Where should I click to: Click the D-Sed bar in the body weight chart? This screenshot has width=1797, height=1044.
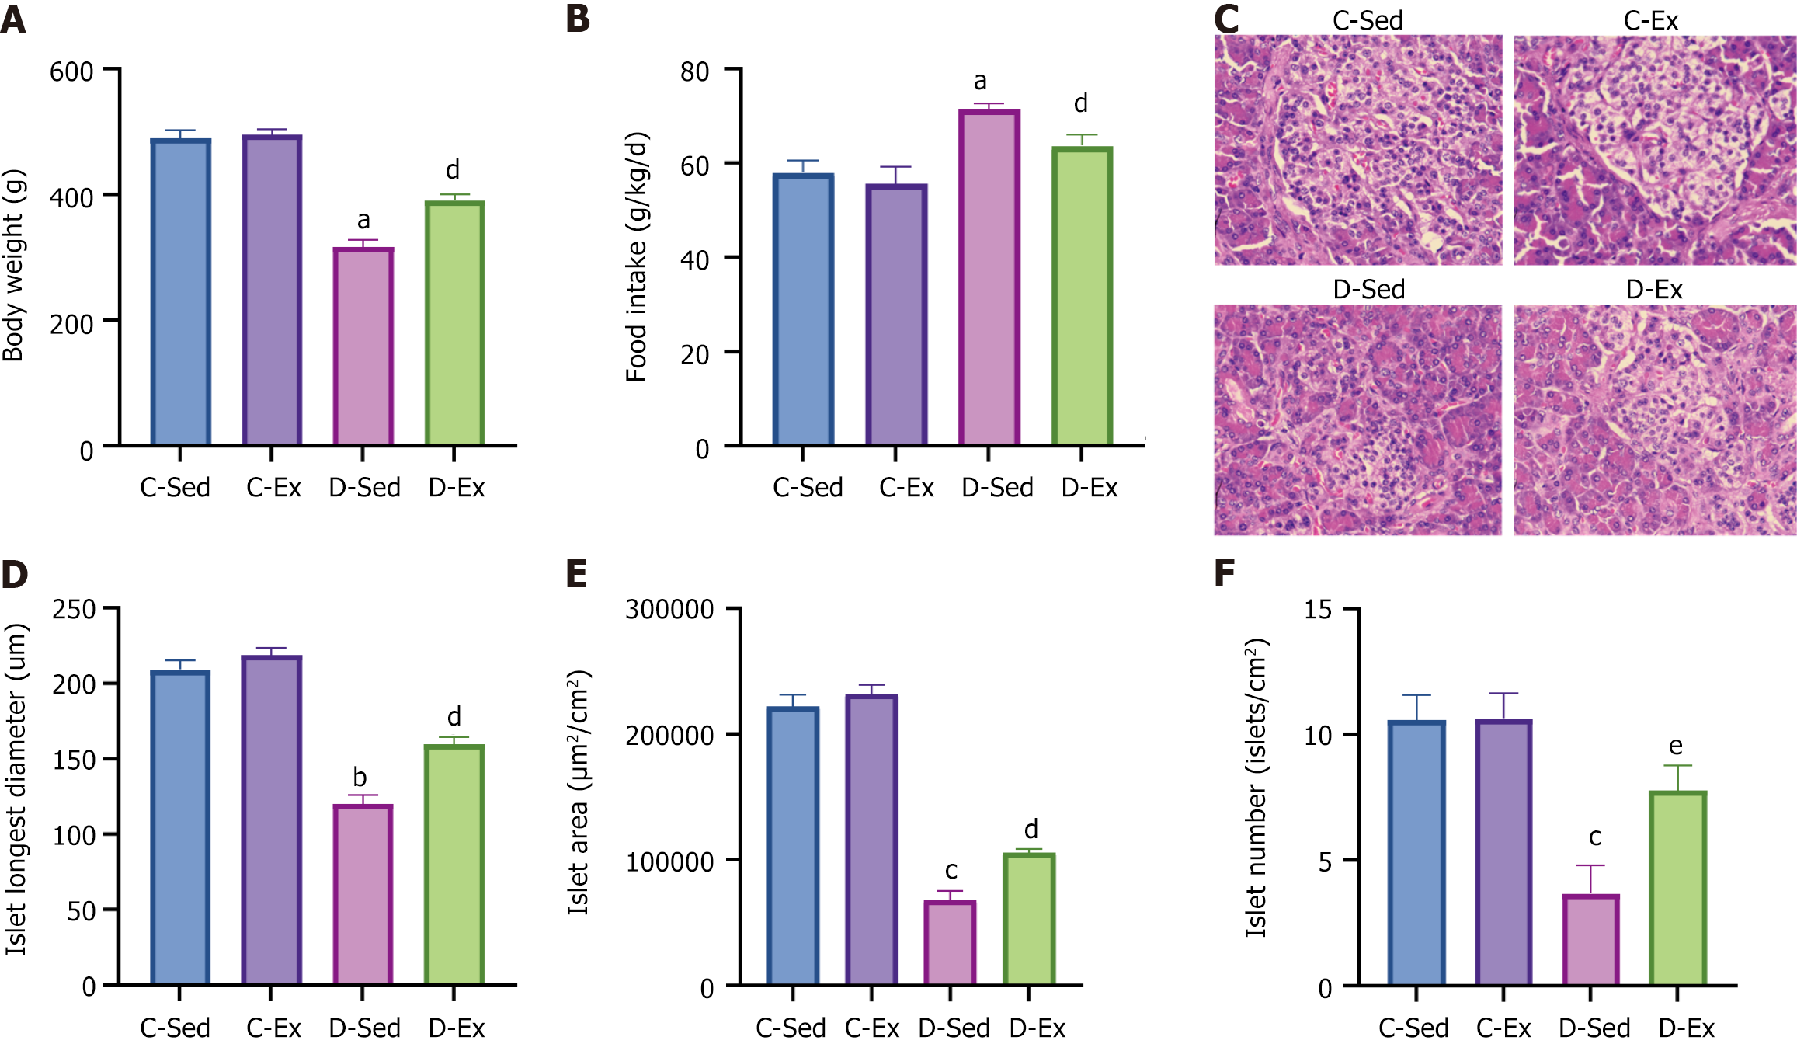[x=363, y=346]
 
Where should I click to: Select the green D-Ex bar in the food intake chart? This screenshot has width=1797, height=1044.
[x=1082, y=296]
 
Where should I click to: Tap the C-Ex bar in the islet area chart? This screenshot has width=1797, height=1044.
[x=871, y=840]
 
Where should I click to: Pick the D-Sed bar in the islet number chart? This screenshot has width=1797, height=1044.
[x=1590, y=940]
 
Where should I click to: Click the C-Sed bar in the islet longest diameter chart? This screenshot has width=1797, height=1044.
[x=180, y=828]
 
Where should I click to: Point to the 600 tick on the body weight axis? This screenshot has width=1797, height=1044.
[x=71, y=72]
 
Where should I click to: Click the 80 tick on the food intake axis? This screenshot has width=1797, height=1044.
[x=694, y=72]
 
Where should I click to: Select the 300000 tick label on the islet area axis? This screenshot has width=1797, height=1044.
[x=669, y=610]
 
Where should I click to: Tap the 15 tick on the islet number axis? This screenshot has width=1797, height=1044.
[x=1318, y=610]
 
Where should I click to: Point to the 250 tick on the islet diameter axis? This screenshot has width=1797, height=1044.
[x=74, y=610]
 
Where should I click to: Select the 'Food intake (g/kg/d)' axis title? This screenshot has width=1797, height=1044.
[x=636, y=257]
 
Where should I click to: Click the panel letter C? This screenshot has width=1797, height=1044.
[x=1226, y=19]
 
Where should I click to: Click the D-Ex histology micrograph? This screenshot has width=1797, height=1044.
[x=1654, y=420]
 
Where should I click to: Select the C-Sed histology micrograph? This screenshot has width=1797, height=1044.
[x=1358, y=150]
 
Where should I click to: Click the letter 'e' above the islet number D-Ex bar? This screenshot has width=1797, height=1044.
[x=1676, y=746]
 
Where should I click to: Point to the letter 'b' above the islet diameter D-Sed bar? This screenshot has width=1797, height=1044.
[x=360, y=777]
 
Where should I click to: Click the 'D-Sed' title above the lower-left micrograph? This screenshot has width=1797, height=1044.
[x=1368, y=290]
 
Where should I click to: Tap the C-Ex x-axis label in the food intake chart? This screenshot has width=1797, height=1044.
[x=906, y=488]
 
